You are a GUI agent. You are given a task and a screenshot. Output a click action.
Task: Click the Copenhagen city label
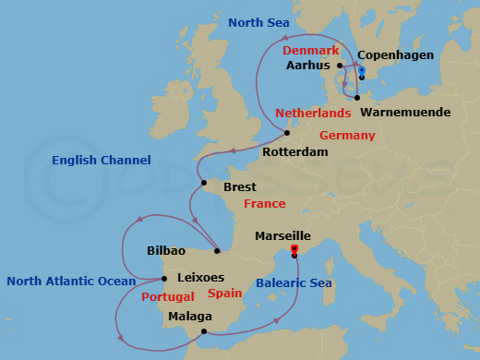(x=397, y=54)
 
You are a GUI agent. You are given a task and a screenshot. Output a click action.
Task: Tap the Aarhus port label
(x=309, y=66)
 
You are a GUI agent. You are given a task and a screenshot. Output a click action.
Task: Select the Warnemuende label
(x=405, y=113)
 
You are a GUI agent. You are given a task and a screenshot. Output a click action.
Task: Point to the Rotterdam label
(x=295, y=151)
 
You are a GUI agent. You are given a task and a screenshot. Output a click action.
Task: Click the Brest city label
(x=240, y=186)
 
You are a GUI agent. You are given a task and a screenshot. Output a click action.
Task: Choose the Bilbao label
(x=166, y=250)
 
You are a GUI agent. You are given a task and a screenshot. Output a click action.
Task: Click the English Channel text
(x=101, y=161)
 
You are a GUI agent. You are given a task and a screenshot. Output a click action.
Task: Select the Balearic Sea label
(x=294, y=283)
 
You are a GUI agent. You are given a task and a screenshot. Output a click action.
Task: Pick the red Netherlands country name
(x=313, y=114)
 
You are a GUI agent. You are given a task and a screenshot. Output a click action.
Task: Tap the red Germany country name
(x=347, y=136)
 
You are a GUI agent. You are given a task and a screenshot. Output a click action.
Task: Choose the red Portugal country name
(x=168, y=297)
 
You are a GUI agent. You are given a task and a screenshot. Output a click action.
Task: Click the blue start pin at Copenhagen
(x=361, y=71)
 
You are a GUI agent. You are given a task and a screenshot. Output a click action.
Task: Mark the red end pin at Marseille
(x=294, y=249)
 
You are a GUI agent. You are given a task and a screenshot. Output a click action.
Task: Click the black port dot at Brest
(x=204, y=184)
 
